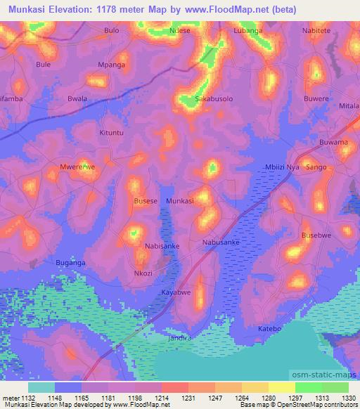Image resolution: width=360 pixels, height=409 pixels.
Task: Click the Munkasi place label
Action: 179,201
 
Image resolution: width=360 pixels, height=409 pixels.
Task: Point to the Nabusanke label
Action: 221,242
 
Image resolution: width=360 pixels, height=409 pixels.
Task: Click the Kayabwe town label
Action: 176,291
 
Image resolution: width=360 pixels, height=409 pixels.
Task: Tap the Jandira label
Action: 181,337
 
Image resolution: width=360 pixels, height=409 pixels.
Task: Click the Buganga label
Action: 70,262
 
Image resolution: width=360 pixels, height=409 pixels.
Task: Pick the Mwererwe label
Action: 77,168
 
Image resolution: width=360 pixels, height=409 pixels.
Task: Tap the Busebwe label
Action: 316,235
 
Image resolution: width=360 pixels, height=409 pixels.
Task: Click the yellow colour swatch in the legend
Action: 281,387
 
